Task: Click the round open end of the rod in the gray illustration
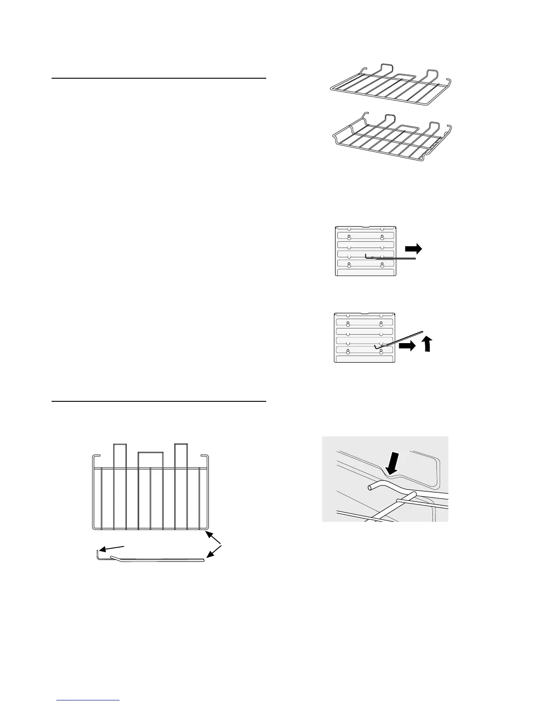[x=371, y=488]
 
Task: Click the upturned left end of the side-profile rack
[x=98, y=555]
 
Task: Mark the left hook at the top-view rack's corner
[x=95, y=458]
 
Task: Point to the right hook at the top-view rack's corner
[x=205, y=458]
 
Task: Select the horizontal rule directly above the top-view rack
[x=159, y=401]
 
